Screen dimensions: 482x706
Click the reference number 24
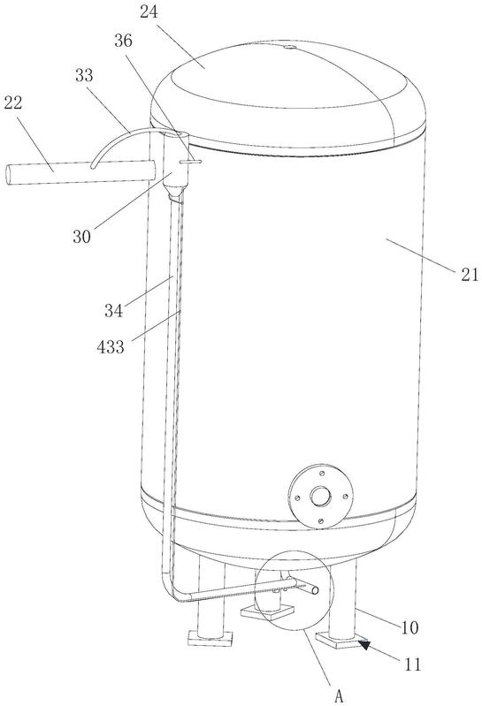click(x=149, y=12)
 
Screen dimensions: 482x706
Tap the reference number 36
click(x=123, y=41)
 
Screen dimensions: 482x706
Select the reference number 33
click(x=84, y=75)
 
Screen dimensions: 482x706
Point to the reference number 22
click(x=12, y=103)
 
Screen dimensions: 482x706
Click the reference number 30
click(x=81, y=236)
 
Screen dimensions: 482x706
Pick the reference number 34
click(x=113, y=310)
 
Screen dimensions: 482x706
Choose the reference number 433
click(x=111, y=346)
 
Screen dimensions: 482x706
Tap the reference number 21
click(x=470, y=274)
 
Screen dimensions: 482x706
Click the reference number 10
click(x=409, y=627)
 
